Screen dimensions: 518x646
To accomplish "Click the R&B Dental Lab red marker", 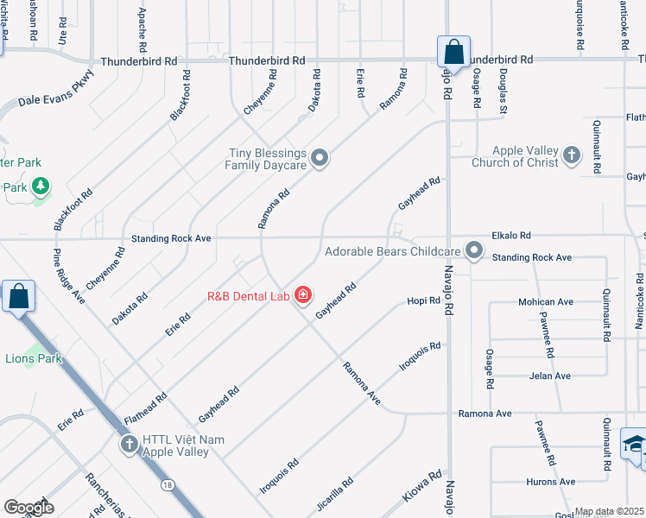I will [302, 295].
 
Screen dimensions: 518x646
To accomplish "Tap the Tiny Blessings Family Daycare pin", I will [320, 158].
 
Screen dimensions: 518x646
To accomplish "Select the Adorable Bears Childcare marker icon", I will [473, 251].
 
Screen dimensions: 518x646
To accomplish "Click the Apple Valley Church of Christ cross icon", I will [570, 155].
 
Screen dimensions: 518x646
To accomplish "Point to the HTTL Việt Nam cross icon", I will [129, 445].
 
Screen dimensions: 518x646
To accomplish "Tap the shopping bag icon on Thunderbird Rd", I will [453, 53].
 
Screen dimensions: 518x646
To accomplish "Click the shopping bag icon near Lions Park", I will [18, 297].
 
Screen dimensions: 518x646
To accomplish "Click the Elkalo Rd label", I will [510, 235].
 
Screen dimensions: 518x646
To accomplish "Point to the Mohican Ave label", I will [546, 302].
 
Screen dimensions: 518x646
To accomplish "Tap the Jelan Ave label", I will [549, 376].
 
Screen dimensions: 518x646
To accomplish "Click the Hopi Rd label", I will [424, 300].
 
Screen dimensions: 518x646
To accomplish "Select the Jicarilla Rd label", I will [334, 495].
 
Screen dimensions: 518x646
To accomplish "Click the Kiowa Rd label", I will [423, 487].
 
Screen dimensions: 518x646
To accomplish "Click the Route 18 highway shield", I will [163, 488].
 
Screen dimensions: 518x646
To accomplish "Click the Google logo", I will [28, 508].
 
